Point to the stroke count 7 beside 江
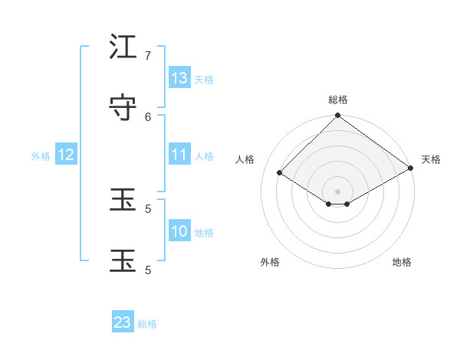click(148, 55)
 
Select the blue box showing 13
click(179, 78)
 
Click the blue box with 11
click(179, 155)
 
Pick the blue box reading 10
click(179, 231)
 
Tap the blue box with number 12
click(66, 155)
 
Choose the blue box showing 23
click(123, 322)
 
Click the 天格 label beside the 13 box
click(204, 80)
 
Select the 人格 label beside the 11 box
click(204, 156)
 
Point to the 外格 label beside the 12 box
click(41, 156)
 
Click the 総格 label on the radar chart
click(338, 100)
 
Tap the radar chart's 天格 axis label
click(431, 159)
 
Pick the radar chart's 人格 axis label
click(245, 159)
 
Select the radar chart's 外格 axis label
click(270, 262)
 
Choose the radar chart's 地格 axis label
click(402, 262)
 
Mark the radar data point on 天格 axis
click(411, 168)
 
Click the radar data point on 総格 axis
click(338, 116)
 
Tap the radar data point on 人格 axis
click(280, 173)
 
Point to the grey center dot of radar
click(338, 191)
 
